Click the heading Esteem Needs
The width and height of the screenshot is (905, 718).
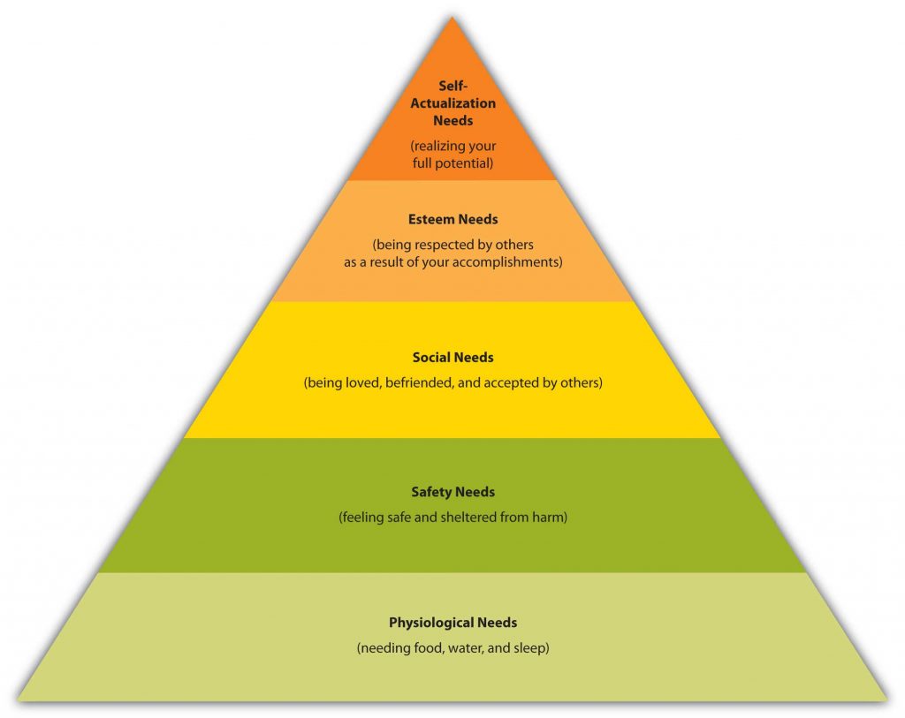click(452, 219)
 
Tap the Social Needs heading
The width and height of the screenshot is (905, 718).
click(452, 358)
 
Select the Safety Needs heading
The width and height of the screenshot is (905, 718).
click(452, 492)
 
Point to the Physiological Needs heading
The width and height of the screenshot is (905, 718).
click(452, 623)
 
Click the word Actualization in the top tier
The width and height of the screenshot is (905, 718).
click(452, 103)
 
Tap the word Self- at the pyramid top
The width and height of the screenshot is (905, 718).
click(452, 86)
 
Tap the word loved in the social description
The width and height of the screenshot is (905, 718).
click(363, 383)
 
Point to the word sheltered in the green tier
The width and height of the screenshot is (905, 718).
click(468, 518)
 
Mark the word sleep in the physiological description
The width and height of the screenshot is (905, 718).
click(531, 648)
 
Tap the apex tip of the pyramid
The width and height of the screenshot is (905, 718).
click(452, 18)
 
